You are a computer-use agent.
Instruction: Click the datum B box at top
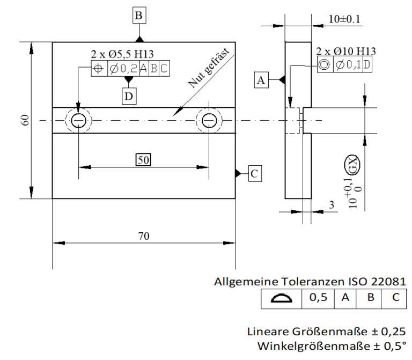click(x=139, y=16)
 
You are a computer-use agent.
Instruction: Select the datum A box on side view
click(x=261, y=80)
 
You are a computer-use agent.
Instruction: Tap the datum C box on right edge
click(x=254, y=173)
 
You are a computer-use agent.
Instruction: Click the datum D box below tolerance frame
click(x=129, y=97)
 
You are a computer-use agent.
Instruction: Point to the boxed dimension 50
click(x=143, y=159)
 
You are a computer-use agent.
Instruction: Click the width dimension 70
click(x=143, y=236)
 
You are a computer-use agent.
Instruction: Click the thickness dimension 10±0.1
click(x=344, y=20)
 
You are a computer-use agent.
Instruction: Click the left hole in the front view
click(x=79, y=121)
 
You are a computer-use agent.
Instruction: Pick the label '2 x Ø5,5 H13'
click(x=122, y=54)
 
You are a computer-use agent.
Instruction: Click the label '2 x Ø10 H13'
click(x=346, y=52)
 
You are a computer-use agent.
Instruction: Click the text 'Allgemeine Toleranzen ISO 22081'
click(x=310, y=282)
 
